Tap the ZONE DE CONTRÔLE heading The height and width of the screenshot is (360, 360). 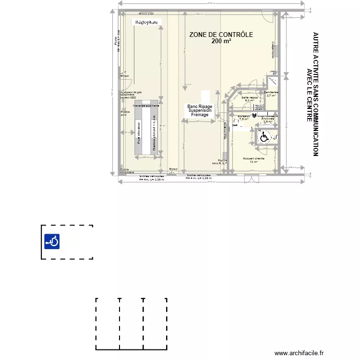pyautogui.click(x=221, y=35)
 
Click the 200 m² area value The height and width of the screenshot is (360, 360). pyautogui.click(x=221, y=41)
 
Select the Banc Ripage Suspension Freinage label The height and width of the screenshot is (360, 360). pyautogui.click(x=200, y=110)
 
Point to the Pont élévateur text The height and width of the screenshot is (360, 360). pyautogui.click(x=139, y=135)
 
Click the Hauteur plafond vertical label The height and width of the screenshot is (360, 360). pyautogui.click(x=154, y=134)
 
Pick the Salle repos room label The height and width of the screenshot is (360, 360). pyautogui.click(x=250, y=97)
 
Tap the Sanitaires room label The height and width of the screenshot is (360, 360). pyautogui.click(x=271, y=93)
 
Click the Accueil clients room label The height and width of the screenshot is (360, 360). pyautogui.click(x=253, y=159)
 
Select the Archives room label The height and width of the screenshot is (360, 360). pyautogui.click(x=268, y=119)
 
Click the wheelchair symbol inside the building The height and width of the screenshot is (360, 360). pyautogui.click(x=264, y=137)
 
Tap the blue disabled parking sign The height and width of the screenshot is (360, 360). pyautogui.click(x=52, y=241)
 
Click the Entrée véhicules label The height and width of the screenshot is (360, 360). pyautogui.click(x=152, y=176)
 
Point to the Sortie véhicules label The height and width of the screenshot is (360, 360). pyautogui.click(x=198, y=176)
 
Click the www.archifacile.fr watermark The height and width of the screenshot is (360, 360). pyautogui.click(x=300, y=353)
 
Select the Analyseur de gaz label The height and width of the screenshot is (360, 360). pyautogui.click(x=131, y=92)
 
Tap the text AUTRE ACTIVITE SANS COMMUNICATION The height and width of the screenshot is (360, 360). pyautogui.click(x=315, y=94)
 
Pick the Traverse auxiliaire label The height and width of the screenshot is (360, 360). pyautogui.click(x=146, y=105)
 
